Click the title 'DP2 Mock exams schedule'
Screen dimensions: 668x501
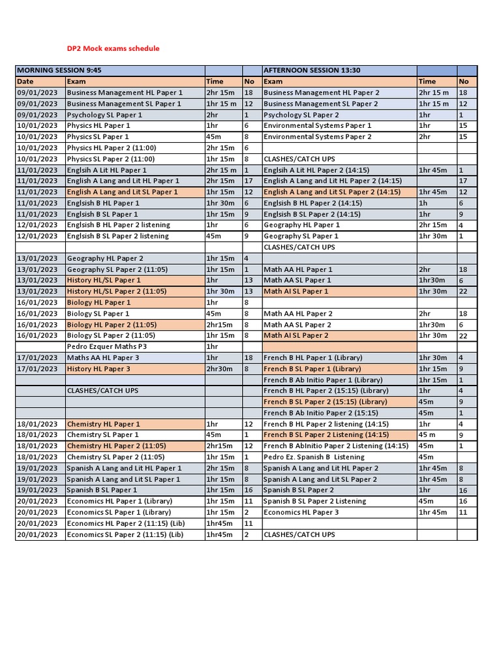pos(113,48)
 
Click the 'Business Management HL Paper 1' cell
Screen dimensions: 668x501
pos(125,93)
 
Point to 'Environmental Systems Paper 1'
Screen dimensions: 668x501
pos(317,126)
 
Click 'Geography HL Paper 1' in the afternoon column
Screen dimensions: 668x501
pos(301,225)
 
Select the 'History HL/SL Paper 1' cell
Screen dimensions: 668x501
pos(104,281)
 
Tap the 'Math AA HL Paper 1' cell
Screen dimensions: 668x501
pos(297,269)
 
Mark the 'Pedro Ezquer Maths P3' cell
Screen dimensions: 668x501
pos(106,346)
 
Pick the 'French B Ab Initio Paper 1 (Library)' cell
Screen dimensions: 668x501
pos(323,380)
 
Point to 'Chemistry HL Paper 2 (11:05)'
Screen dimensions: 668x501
pos(116,446)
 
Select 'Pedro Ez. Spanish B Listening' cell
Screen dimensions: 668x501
pos(314,457)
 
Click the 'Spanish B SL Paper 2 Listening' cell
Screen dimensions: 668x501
pos(314,501)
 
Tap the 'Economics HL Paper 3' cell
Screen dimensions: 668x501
pos(301,512)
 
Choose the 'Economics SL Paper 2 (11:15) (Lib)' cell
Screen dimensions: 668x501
pos(125,534)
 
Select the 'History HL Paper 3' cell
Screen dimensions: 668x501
pos(99,369)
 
